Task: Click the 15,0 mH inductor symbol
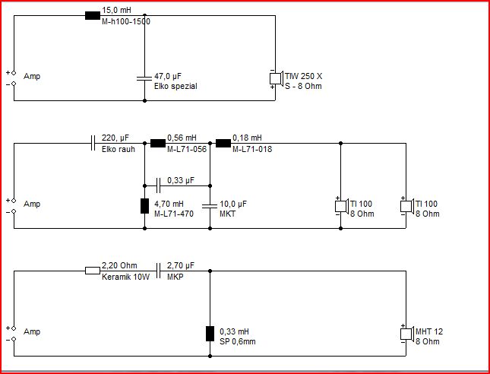click(x=93, y=15)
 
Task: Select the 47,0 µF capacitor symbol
click(x=144, y=78)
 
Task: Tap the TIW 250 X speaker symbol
click(x=277, y=78)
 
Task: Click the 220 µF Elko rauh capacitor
click(x=93, y=143)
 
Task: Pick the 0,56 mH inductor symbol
click(x=158, y=143)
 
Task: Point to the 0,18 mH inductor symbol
click(x=223, y=143)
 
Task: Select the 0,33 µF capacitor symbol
click(x=158, y=185)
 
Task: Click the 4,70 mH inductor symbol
click(x=144, y=206)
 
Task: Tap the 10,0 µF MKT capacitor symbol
click(x=210, y=206)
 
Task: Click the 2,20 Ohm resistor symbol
click(x=93, y=271)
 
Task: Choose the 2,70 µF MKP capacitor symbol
click(x=158, y=271)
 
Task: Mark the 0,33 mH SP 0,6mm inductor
click(x=210, y=334)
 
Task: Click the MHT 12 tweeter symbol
click(x=407, y=334)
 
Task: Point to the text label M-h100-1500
click(x=126, y=21)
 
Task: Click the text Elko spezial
click(x=175, y=87)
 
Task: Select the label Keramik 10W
click(x=125, y=277)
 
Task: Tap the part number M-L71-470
click(x=174, y=214)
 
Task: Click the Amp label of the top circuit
click(x=32, y=76)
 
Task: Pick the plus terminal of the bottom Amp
click(x=14, y=328)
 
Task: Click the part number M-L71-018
click(x=252, y=149)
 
